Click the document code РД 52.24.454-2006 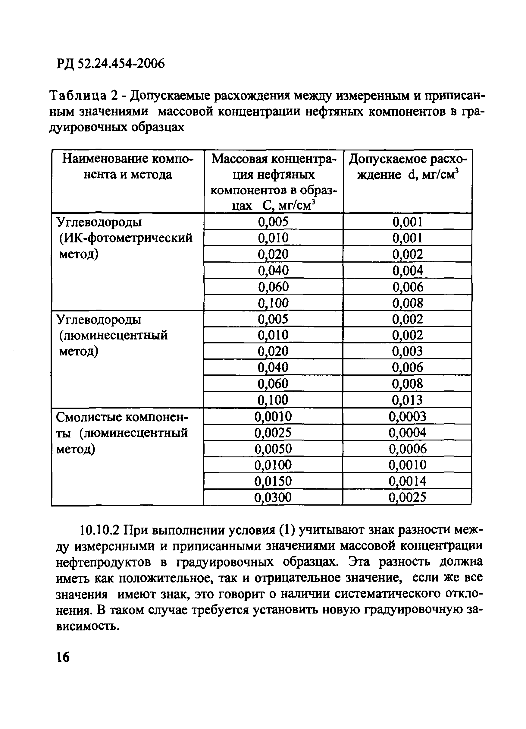pyautogui.click(x=111, y=64)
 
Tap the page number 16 pyautogui.click(x=63, y=657)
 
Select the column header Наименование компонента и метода pyautogui.click(x=128, y=166)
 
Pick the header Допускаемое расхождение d pyautogui.click(x=408, y=166)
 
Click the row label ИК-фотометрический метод pyautogui.click(x=126, y=238)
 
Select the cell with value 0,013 pyautogui.click(x=407, y=400)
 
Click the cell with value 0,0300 pyautogui.click(x=273, y=497)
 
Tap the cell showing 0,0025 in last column pyautogui.click(x=407, y=497)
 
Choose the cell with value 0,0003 pyautogui.click(x=407, y=417)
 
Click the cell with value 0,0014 pyautogui.click(x=407, y=481)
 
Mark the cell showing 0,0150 pyautogui.click(x=273, y=481)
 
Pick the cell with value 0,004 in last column pyautogui.click(x=407, y=270)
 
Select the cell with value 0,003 pyautogui.click(x=407, y=351)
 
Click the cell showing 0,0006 pyautogui.click(x=407, y=449)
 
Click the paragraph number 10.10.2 pyautogui.click(x=99, y=530)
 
